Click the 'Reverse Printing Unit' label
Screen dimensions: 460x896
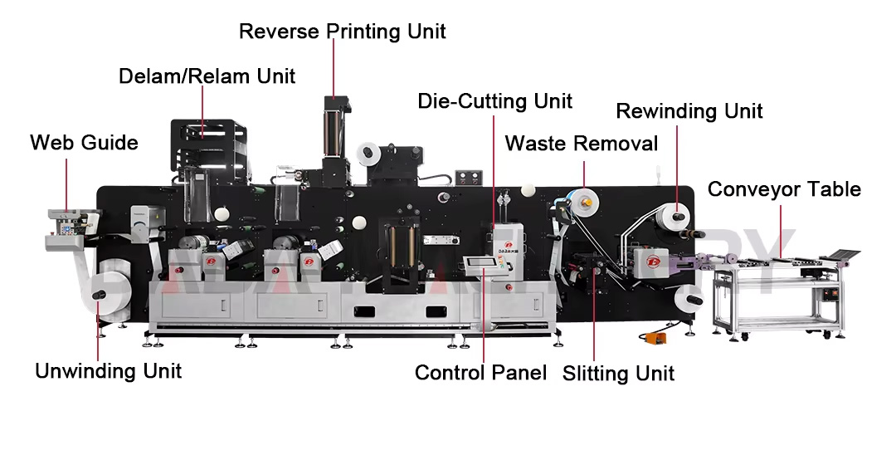coord(342,32)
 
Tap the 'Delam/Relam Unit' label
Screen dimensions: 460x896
coord(207,76)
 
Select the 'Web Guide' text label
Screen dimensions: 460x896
coord(84,143)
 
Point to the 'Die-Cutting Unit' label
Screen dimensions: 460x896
coord(494,101)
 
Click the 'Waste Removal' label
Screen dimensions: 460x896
coord(581,143)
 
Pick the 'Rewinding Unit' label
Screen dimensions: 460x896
coord(689,110)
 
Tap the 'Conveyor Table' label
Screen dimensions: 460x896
coord(783,189)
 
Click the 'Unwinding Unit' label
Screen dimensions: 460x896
coord(108,370)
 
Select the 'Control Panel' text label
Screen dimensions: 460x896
coord(480,372)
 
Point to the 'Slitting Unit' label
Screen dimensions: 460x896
coord(618,373)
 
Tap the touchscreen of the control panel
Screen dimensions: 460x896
coord(480,265)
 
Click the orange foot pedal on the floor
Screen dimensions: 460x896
coord(652,338)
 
